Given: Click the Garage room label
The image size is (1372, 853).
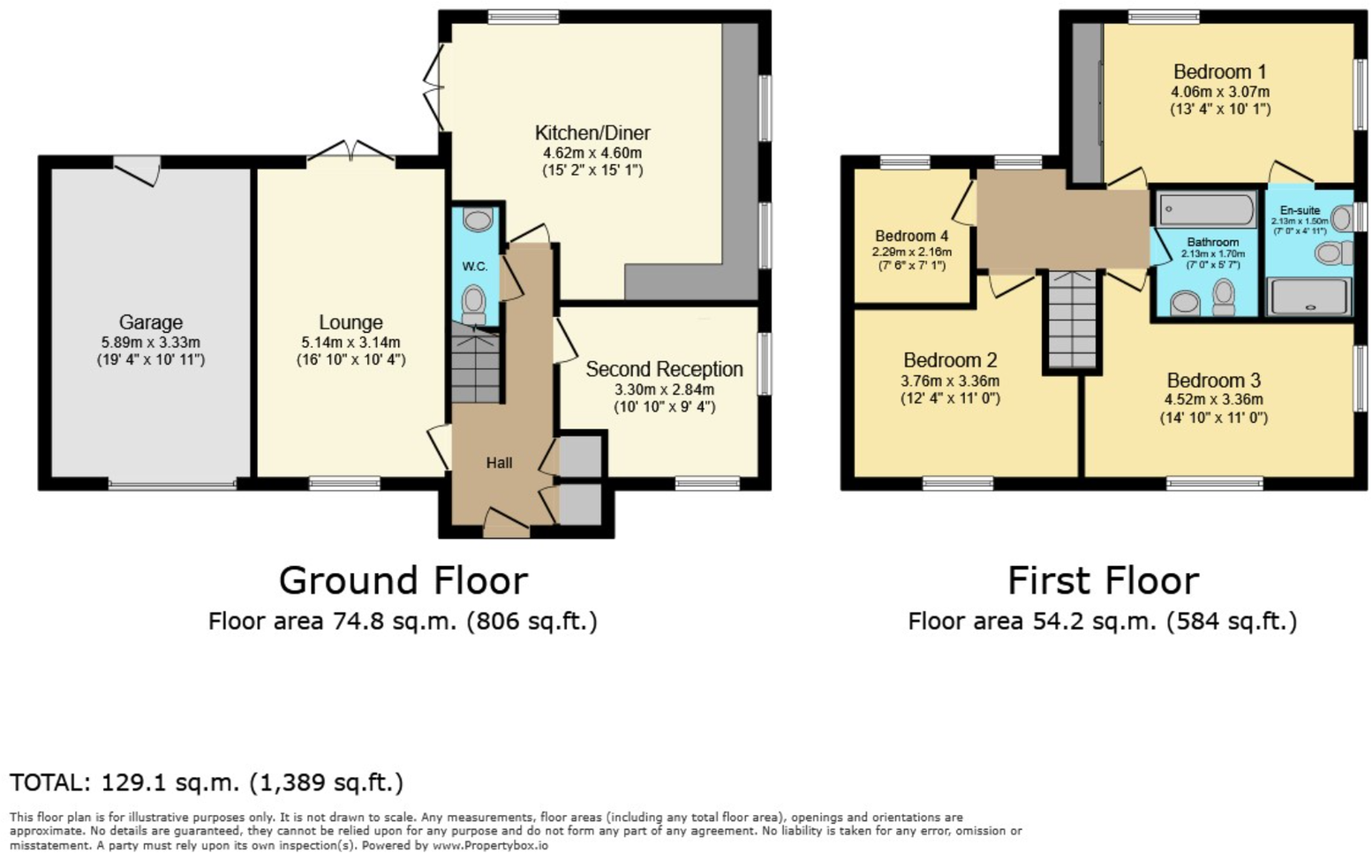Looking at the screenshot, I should [151, 322].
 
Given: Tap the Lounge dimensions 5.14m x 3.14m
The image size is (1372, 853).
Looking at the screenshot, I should [351, 343].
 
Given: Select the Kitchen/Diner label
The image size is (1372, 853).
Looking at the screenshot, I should [592, 133].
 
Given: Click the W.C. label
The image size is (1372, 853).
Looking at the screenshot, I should [475, 267].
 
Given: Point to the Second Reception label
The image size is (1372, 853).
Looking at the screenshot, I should [664, 369].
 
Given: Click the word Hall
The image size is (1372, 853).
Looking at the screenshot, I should [499, 463].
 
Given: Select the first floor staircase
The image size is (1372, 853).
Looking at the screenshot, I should [1072, 320].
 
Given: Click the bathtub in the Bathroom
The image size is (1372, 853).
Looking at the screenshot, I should [1206, 211].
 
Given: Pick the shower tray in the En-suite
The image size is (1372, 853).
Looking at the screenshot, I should [1308, 297].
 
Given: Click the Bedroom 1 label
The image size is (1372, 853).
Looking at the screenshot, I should [1219, 72].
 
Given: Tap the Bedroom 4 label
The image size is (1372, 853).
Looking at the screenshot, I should [911, 236].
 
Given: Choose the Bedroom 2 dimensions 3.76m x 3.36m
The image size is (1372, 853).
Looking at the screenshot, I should [950, 381].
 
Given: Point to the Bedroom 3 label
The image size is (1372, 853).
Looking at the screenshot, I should [1213, 381].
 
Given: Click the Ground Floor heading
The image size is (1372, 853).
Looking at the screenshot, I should [403, 581].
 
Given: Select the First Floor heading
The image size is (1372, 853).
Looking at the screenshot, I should [1103, 581].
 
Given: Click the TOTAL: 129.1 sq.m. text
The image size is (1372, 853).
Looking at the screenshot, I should [207, 782].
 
